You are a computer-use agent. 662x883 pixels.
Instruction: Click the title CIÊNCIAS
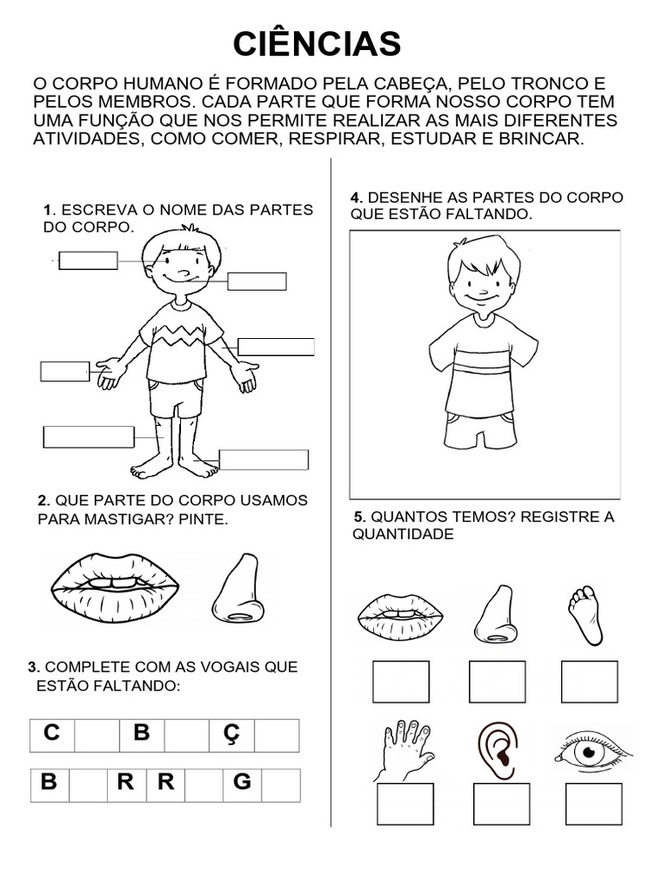(317, 44)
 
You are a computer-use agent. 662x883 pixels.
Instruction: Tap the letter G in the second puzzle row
(242, 783)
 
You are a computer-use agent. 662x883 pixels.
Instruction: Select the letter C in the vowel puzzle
(53, 734)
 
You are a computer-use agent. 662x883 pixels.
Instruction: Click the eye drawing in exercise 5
(590, 753)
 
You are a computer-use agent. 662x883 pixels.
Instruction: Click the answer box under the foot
(590, 681)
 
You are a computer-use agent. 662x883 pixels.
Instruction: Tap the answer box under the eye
(593, 804)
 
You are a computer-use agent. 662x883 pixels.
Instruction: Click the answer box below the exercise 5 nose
(497, 681)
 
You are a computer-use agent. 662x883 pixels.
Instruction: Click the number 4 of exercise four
(354, 197)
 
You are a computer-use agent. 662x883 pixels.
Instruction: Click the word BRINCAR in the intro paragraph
(546, 138)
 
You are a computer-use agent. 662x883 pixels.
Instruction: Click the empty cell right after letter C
(97, 735)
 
